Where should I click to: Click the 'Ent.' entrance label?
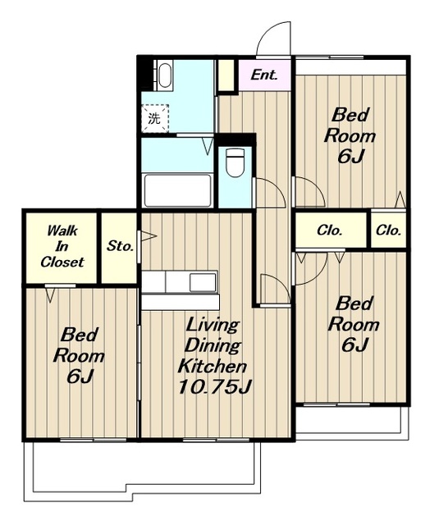tap(264, 75)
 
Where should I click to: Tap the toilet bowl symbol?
tap(235, 162)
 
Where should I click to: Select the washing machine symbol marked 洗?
tap(155, 118)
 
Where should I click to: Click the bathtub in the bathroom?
tap(177, 190)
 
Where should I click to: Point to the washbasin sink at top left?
tap(164, 75)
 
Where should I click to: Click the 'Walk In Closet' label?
tap(62, 246)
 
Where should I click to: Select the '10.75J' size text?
tap(213, 386)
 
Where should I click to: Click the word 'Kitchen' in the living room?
tap(213, 366)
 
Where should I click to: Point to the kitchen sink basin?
tap(203, 282)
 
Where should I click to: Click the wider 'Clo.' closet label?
tap(330, 231)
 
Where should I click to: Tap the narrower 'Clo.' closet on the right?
tap(388, 231)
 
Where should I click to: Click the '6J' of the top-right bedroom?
tap(350, 156)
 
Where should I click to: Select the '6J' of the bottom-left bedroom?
tap(80, 377)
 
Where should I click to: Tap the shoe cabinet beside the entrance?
tap(226, 75)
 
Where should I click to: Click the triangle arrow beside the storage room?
tap(149, 235)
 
